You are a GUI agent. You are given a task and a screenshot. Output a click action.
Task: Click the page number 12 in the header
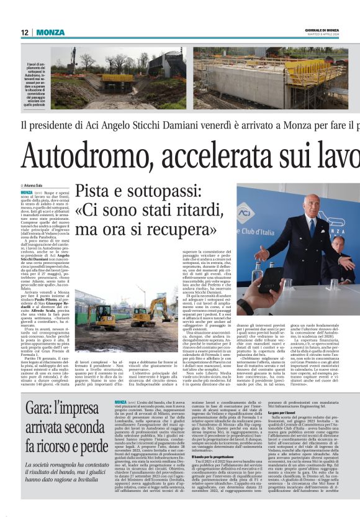coord(25,32)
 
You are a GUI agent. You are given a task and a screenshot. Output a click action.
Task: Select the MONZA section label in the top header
coord(50,32)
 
